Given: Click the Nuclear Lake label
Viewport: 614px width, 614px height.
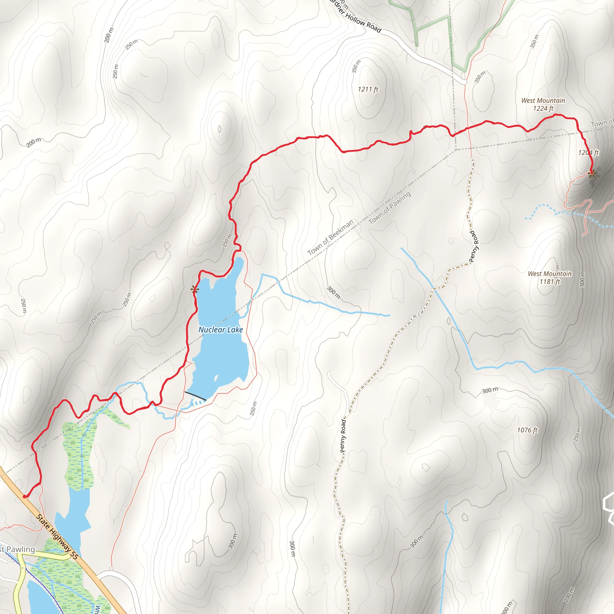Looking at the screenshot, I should click(221, 330).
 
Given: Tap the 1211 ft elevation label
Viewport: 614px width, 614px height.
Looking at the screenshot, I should click(368, 89).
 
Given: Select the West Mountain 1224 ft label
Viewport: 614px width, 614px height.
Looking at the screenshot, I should click(543, 104).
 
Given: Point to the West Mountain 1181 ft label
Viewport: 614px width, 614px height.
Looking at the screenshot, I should click(550, 277).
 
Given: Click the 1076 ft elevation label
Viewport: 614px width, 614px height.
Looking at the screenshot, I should click(527, 430).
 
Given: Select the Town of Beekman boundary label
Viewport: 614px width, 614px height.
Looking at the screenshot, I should click(330, 237).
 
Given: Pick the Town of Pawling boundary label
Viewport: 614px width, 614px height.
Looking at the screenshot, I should click(390, 208).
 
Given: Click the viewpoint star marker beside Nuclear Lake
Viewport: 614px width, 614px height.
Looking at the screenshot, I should click(195, 290).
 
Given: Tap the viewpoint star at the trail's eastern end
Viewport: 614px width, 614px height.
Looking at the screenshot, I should click(592, 174).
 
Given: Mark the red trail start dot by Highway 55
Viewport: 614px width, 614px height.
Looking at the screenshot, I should click(25, 496).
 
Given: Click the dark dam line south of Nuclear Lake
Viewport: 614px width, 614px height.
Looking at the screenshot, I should click(195, 396).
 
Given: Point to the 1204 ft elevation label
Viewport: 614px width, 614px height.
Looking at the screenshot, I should click(588, 153).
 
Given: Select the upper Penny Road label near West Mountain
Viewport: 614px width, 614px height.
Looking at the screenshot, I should click(474, 247).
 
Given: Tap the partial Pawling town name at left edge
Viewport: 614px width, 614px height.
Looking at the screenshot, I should click(17, 549).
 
